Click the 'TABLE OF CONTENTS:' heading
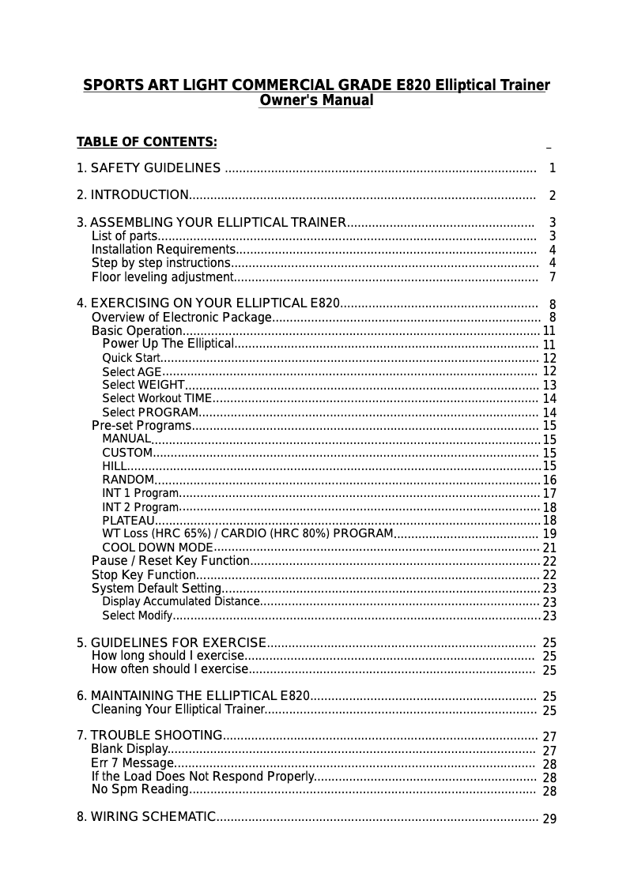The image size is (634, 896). point(146,142)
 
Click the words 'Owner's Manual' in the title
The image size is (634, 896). point(316,101)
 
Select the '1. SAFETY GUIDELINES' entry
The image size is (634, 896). point(149,168)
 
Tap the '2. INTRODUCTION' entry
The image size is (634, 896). point(132,195)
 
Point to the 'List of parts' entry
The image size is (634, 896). point(124,236)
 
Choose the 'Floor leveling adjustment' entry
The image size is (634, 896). point(162,277)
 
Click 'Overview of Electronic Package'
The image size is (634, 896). point(182,318)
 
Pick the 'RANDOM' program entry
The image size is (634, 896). point(128,480)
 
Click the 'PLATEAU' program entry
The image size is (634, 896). point(128,520)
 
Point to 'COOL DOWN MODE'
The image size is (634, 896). point(157,548)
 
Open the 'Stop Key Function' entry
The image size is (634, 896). point(144,574)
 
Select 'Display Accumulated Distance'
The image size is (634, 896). point(180,601)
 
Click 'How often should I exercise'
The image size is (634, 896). point(170,669)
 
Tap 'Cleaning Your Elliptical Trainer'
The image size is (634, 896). point(178,710)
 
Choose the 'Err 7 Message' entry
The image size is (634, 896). point(132,763)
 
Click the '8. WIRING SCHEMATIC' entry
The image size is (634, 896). point(146,816)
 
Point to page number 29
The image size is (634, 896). point(549,819)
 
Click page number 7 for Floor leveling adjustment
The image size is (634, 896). point(553,277)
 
